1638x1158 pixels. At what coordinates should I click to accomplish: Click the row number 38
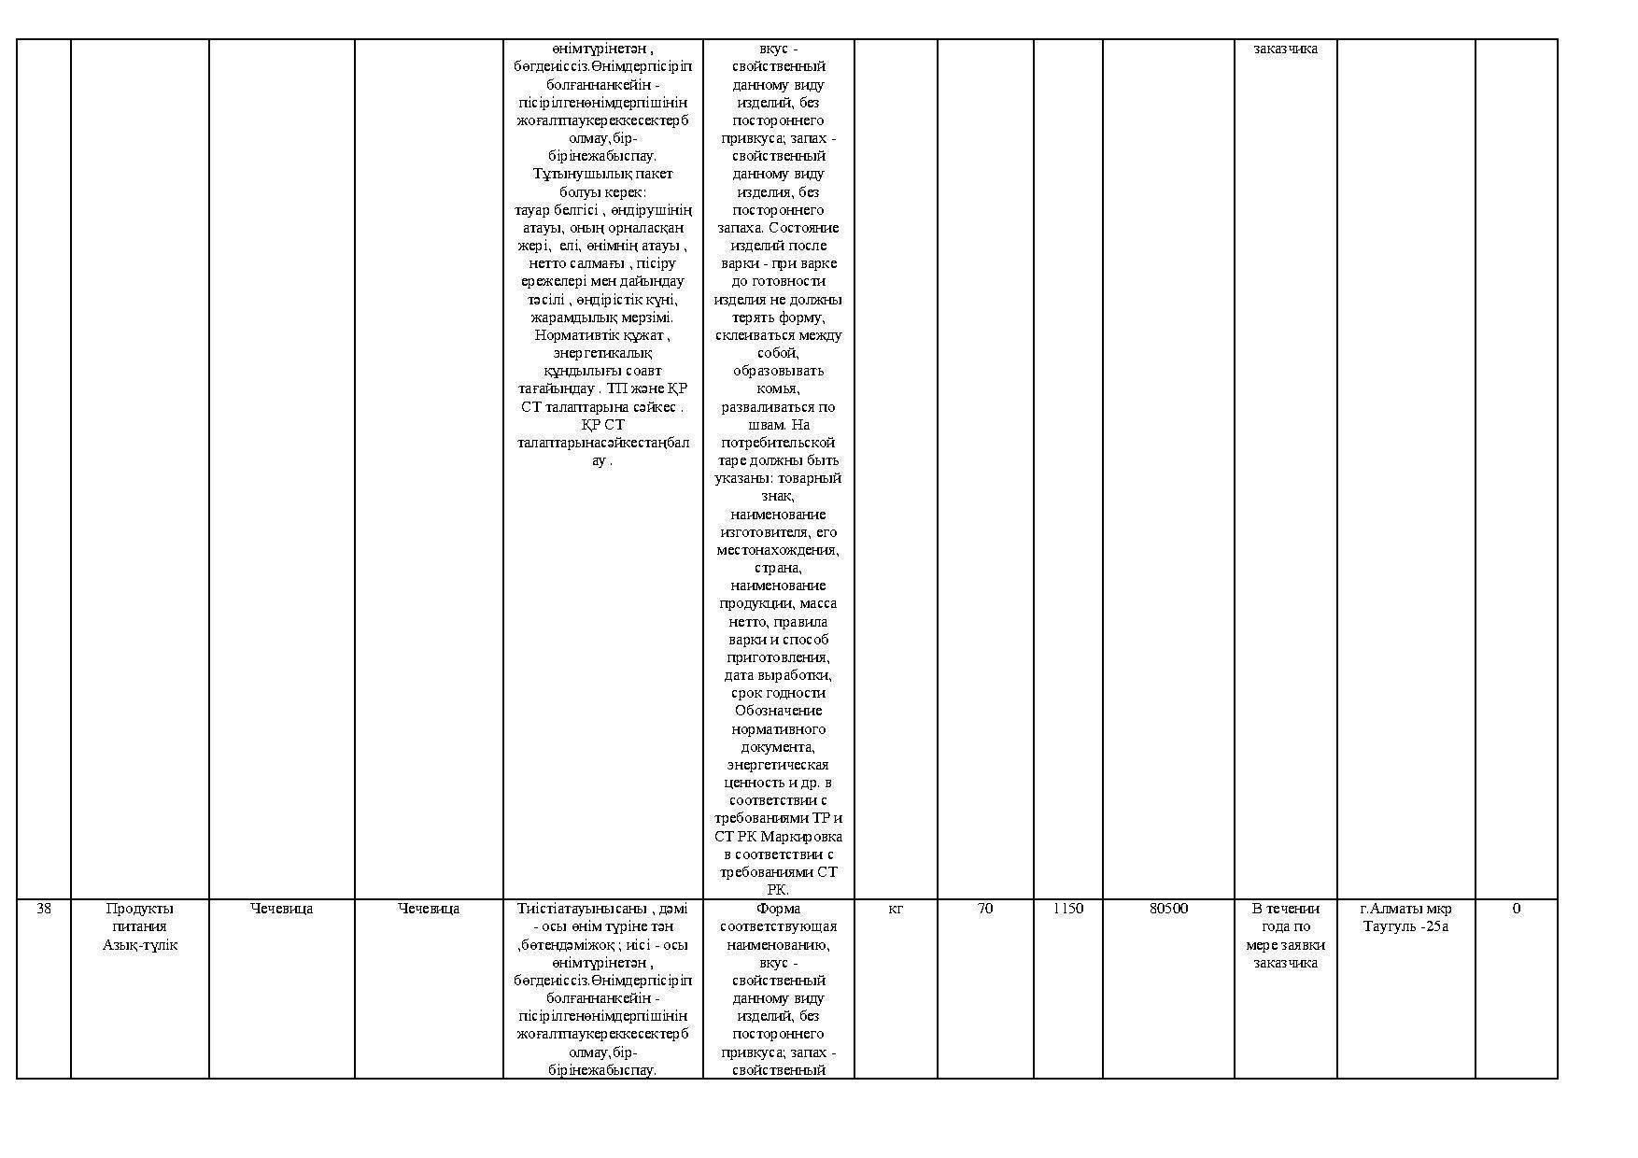click(x=44, y=909)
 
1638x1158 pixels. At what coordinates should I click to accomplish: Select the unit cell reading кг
click(x=895, y=909)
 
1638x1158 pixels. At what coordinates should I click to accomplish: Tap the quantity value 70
click(x=985, y=909)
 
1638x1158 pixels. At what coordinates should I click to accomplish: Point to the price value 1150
click(x=1067, y=909)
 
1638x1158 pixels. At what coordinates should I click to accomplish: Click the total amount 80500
click(x=1168, y=909)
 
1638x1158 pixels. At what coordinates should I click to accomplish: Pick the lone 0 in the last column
click(x=1516, y=909)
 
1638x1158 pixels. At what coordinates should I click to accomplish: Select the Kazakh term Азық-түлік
click(x=140, y=945)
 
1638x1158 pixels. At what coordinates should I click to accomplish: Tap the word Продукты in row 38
click(x=140, y=909)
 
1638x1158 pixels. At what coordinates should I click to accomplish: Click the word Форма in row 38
click(x=778, y=909)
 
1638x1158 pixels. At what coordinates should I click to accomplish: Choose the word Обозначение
click(x=778, y=711)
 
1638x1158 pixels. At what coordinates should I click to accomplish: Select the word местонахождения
click(x=778, y=550)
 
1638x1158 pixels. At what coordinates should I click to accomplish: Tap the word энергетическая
click(x=778, y=765)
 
